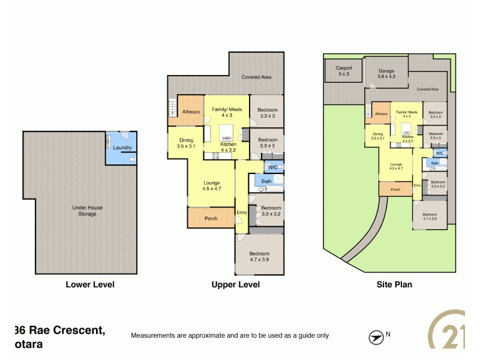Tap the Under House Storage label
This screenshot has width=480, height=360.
click(x=88, y=211)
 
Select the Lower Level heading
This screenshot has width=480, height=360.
click(x=89, y=284)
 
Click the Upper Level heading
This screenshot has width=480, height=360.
click(x=235, y=284)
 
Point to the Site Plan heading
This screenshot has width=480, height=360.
click(x=395, y=284)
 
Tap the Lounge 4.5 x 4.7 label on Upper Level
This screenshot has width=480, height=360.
click(x=211, y=186)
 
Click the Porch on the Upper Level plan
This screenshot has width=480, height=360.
click(x=211, y=218)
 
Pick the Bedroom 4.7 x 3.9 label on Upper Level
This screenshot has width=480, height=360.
click(x=259, y=257)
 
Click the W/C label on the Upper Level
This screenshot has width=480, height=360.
click(x=273, y=167)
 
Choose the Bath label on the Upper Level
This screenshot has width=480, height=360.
click(x=266, y=181)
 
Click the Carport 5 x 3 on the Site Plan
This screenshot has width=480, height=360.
click(x=344, y=71)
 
